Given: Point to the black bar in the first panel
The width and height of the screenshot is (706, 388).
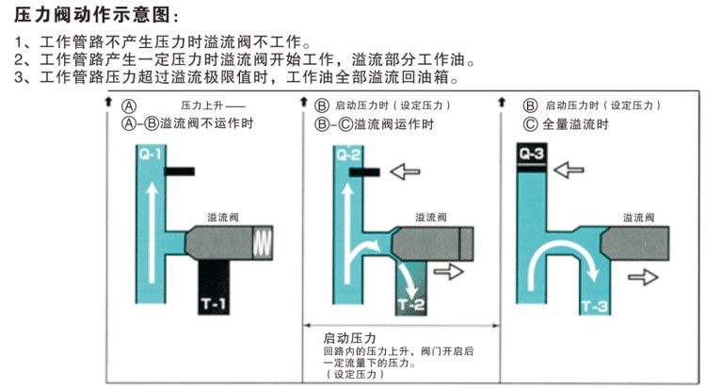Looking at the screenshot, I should [x=179, y=172].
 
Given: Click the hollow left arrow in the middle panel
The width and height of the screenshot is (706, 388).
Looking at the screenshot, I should [x=408, y=172].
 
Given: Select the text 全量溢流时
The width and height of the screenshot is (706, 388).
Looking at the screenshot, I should [x=580, y=123].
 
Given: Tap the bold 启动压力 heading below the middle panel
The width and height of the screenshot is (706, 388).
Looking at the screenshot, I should [x=349, y=338].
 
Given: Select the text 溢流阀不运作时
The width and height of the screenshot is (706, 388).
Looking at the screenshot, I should [x=206, y=123].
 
